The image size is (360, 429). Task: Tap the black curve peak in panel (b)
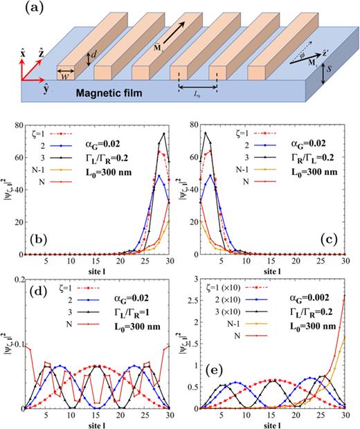tap(164, 133)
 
